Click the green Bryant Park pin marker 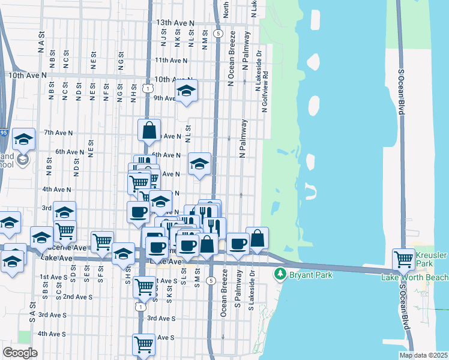(x=279, y=274)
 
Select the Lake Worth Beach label (x=415, y=277)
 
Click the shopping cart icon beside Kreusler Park (x=403, y=259)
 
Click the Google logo (x=20, y=352)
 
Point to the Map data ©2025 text (x=423, y=355)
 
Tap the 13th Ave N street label (x=175, y=22)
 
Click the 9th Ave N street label (x=164, y=98)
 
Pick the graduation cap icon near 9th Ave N (x=187, y=91)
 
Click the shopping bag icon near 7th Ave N (x=149, y=129)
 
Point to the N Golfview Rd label (x=264, y=96)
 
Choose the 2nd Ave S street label (x=77, y=296)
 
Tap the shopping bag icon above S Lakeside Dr (x=257, y=238)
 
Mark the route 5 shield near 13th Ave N (x=217, y=33)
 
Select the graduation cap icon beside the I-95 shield (x=23, y=139)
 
